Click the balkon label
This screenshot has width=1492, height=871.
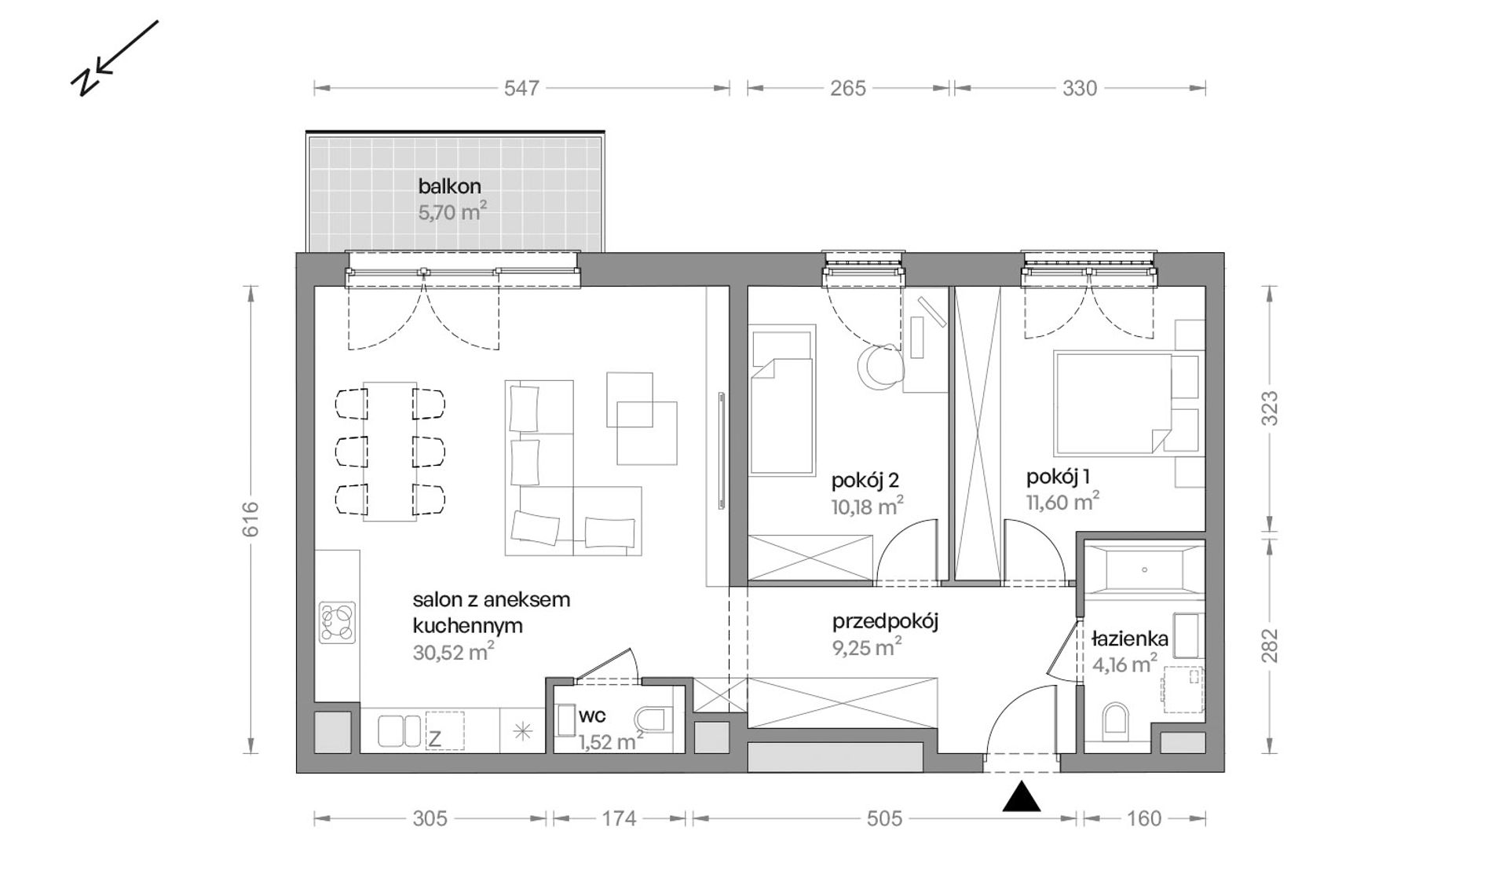tap(449, 187)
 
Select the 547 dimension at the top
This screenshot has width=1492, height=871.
tap(521, 88)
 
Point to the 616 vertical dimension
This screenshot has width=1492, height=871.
tap(250, 519)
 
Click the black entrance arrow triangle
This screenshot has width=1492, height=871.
tap(1022, 796)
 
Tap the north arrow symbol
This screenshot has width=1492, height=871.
tap(115, 58)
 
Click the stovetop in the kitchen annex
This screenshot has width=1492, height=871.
tap(338, 623)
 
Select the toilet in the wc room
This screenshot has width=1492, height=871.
tap(653, 719)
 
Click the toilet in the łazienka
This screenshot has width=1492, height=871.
tap(1115, 720)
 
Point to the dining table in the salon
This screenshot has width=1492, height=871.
tap(389, 452)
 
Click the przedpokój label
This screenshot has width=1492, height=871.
tap(885, 622)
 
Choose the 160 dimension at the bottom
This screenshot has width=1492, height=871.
tap(1143, 818)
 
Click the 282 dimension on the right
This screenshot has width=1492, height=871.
tap(1270, 645)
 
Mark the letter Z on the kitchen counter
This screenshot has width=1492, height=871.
tap(434, 738)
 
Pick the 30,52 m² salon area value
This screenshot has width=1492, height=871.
tap(453, 652)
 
